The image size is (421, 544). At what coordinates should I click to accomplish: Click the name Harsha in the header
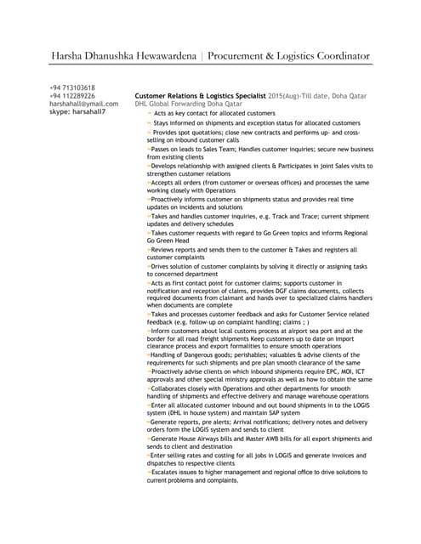point(70,56)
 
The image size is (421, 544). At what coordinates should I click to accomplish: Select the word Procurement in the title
point(259,56)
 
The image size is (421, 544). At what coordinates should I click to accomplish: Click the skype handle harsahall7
point(88,111)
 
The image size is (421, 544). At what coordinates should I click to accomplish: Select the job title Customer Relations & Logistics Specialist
point(201,96)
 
